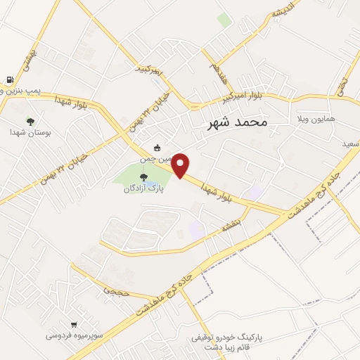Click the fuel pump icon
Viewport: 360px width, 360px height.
point(9,80)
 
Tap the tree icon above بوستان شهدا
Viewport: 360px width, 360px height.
point(30,121)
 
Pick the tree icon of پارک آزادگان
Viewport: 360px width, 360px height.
point(143,177)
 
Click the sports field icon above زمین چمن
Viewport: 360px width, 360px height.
point(157,148)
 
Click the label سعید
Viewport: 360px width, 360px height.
point(350,143)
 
